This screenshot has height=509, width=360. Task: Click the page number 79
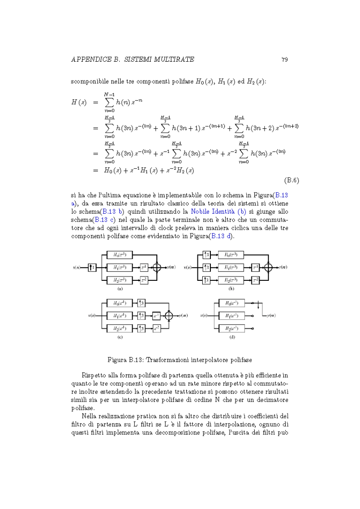tap(284, 59)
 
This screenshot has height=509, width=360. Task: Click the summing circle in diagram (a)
tap(156, 267)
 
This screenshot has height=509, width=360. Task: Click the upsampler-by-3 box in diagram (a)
tap(92, 267)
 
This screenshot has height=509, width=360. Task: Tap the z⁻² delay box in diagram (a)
tap(144, 279)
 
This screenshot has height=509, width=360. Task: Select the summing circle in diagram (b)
tap(268, 267)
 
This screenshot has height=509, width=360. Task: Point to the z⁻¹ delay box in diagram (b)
tap(256, 267)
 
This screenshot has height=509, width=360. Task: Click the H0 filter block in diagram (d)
tap(232, 303)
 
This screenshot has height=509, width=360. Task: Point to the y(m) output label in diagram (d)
tap(269, 316)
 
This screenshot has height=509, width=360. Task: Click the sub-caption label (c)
tap(120, 337)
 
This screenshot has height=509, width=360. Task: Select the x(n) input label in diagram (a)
tap(76, 267)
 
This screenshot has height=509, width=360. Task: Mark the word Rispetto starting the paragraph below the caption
tap(95, 374)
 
